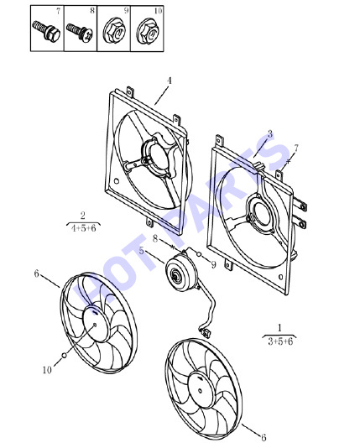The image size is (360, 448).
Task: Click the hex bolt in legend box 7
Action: click(46, 30)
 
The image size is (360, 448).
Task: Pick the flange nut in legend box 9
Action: click(115, 30)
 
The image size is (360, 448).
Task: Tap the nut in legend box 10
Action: click(148, 31)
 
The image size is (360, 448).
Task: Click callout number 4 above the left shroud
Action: click(170, 81)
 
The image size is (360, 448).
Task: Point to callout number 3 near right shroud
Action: click(269, 133)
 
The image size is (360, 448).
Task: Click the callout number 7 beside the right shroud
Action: click(296, 148)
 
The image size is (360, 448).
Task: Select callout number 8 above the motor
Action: click(155, 238)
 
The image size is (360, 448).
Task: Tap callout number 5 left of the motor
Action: click(142, 251)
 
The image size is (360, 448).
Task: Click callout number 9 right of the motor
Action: click(213, 264)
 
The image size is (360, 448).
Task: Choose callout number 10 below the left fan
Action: click(47, 370)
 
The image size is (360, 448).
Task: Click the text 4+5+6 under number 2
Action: click(83, 228)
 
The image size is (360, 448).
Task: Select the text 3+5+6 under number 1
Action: click(280, 341)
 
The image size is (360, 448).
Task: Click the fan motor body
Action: click(181, 273)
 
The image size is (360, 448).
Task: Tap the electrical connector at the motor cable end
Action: click(205, 332)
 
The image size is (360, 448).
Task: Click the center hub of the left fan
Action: click(96, 325)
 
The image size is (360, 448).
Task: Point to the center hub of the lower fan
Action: click(201, 390)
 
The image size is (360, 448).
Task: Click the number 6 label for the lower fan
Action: click(263, 437)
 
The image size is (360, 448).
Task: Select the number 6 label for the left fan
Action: click(36, 273)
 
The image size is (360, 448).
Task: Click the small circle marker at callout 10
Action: click(65, 355)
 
